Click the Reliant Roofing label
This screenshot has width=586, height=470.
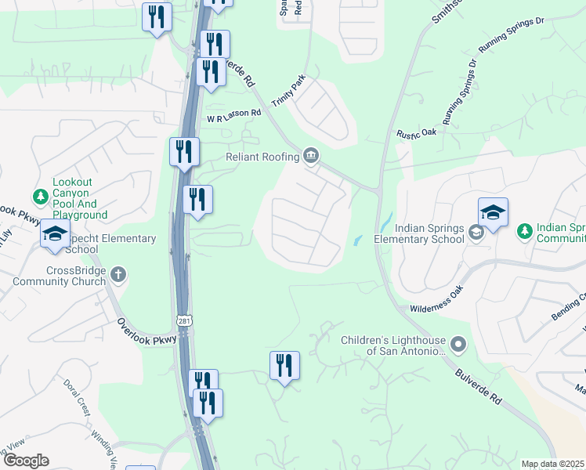coord(262,157)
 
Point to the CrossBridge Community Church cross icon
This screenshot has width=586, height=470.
coord(118,274)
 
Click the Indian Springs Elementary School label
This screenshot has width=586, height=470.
coord(419,233)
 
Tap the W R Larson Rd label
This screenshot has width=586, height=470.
coord(233,116)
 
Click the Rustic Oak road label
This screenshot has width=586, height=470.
coord(416,133)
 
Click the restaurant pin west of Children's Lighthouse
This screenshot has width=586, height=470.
coord(284,366)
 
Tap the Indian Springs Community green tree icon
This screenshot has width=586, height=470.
coord(524,231)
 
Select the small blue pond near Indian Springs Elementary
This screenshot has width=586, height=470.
coord(359,239)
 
